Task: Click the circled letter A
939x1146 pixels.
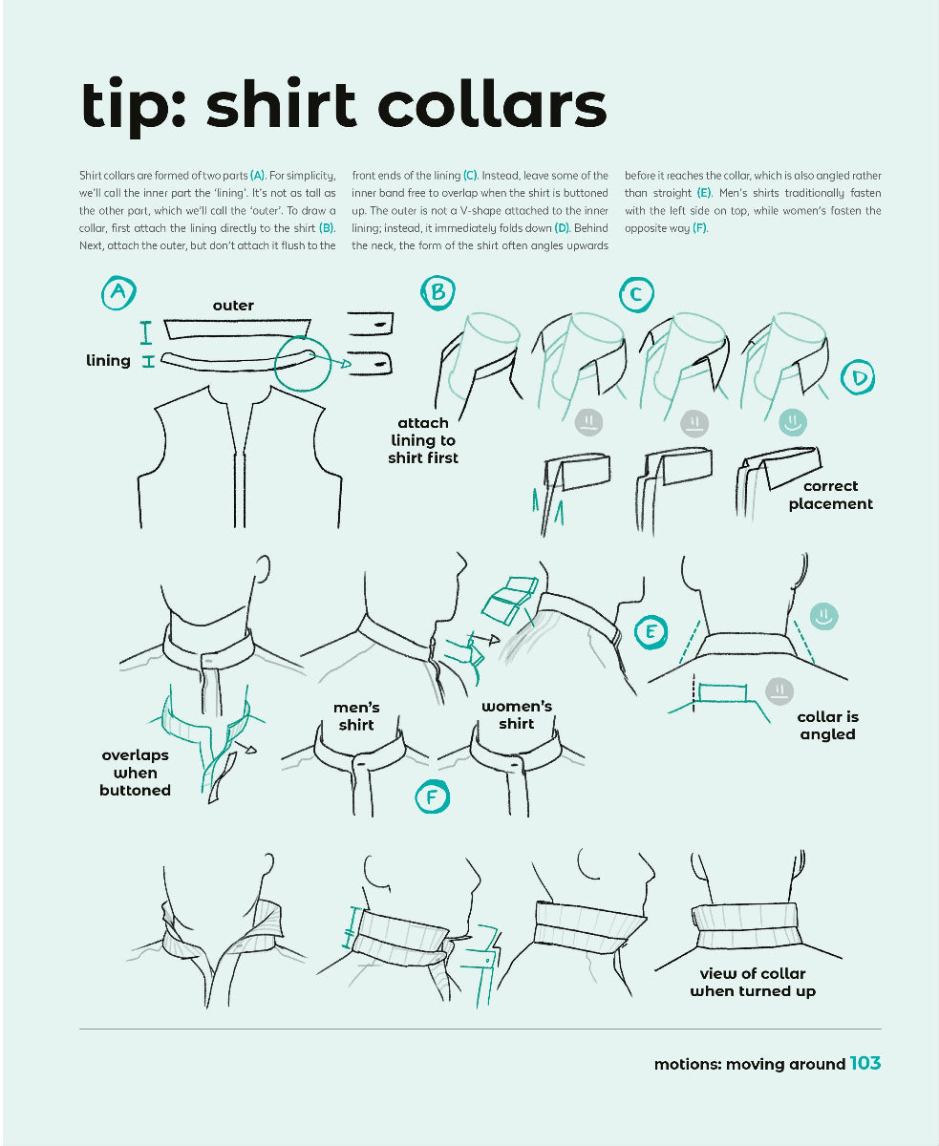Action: coord(118,292)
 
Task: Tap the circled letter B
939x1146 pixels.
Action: coord(437,292)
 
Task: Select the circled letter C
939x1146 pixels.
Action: coord(635,294)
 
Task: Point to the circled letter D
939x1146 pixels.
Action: coord(859,379)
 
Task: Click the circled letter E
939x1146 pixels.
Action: coord(651,632)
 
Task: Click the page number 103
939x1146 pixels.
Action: coord(864,1063)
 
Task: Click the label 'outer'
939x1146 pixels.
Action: coord(233,306)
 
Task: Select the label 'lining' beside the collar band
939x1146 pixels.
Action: coord(108,360)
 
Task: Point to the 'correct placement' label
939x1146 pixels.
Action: coord(830,495)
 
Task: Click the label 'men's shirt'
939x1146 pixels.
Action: coord(356,716)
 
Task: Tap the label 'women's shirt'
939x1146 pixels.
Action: coord(516,715)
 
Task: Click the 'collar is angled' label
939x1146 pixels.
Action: coord(827,725)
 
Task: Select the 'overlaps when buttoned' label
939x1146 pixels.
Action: coord(135,773)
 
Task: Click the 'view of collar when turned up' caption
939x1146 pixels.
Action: coord(753,983)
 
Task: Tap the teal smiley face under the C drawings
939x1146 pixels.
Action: coord(793,422)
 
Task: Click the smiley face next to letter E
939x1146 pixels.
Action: coord(823,617)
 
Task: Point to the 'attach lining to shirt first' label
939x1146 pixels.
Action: coord(423,440)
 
